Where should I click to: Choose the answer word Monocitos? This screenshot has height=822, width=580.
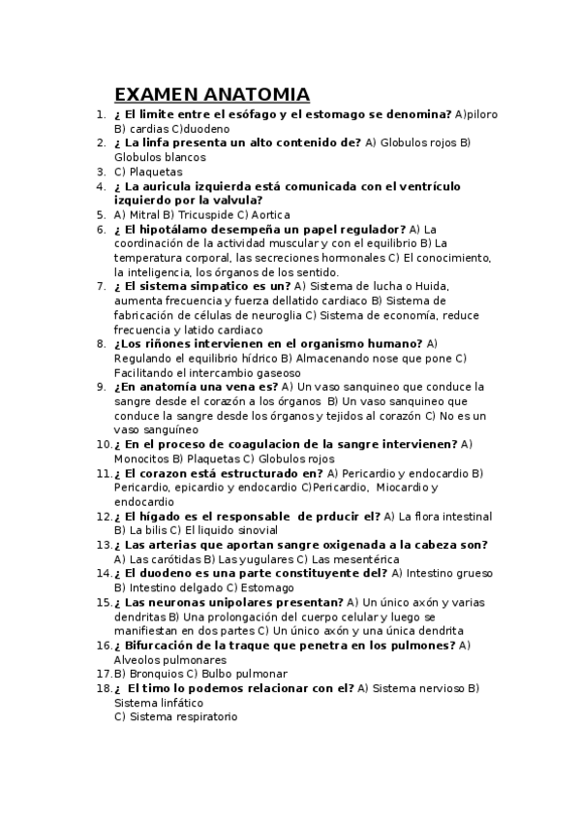(141, 458)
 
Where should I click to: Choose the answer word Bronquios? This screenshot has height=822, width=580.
(152, 674)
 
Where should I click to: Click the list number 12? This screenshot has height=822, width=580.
(103, 517)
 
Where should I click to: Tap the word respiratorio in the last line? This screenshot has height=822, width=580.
(203, 717)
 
